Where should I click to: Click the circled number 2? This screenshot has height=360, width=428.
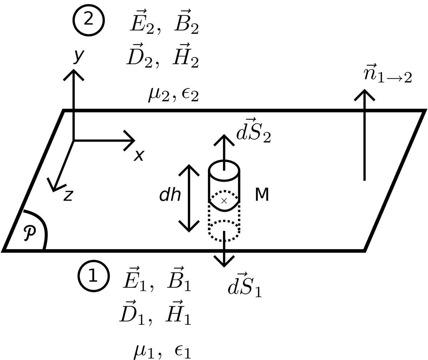click(88, 20)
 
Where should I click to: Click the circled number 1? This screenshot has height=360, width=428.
click(93, 276)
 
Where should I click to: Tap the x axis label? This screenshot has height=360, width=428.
click(139, 155)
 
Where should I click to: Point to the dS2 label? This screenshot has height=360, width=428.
click(253, 131)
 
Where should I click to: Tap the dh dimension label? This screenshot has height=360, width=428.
click(170, 195)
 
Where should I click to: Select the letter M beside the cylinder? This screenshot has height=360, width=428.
click(262, 195)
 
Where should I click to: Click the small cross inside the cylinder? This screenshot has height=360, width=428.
click(224, 201)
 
